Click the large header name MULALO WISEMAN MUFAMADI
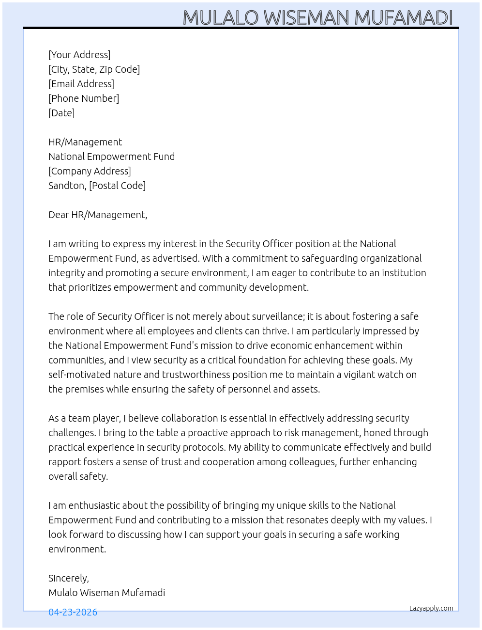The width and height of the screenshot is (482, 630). click(317, 17)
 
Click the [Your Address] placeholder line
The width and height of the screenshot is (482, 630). click(79, 55)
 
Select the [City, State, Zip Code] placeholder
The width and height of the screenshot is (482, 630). click(94, 69)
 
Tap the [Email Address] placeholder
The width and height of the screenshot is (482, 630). click(81, 84)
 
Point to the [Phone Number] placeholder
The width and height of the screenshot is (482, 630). click(84, 98)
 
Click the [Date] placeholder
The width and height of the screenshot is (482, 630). click(61, 113)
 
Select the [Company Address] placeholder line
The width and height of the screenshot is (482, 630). click(90, 171)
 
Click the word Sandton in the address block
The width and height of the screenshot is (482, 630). click(67, 186)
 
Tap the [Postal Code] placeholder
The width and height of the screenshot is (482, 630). click(117, 186)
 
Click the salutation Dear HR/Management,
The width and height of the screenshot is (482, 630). click(98, 215)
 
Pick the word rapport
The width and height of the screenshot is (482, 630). click(64, 462)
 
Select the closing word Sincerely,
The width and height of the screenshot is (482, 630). click(69, 578)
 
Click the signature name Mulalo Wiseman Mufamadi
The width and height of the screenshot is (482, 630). click(106, 593)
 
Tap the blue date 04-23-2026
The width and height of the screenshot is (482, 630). click(73, 612)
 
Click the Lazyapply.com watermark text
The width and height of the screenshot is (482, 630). click(431, 608)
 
